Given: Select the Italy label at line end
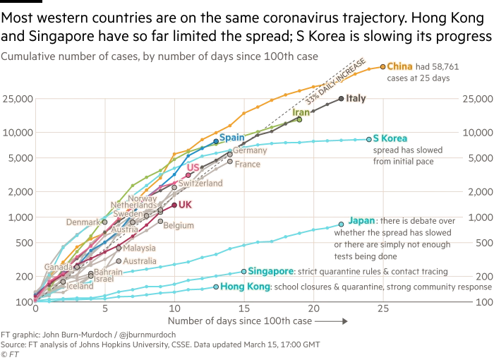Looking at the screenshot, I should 356,99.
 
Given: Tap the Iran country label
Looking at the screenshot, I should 301,112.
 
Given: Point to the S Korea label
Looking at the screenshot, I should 390,138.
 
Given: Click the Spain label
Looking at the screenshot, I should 231,137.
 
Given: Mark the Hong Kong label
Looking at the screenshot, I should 245,287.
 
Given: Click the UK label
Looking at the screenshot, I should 186,205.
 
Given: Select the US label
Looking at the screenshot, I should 193,167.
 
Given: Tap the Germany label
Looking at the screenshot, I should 250,150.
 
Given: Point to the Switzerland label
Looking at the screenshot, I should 200,184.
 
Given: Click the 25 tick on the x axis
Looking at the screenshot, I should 383,309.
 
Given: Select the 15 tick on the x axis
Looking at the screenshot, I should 243,309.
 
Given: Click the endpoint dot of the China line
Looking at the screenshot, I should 383,66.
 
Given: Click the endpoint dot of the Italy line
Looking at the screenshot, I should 342,99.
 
